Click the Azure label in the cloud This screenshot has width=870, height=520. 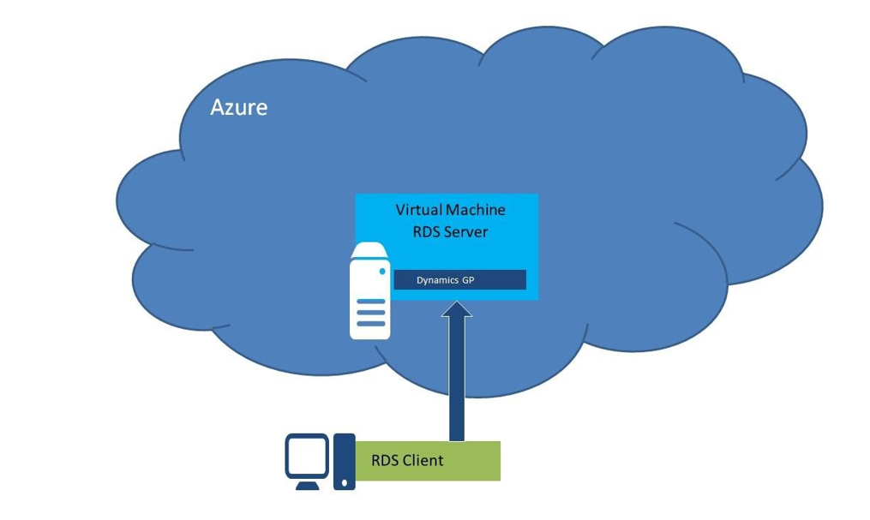(238, 107)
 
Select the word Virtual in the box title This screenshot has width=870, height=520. (419, 210)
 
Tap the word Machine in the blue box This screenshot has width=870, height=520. (477, 210)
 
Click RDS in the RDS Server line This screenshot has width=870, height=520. (427, 231)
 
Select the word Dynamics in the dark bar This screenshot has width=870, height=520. (437, 280)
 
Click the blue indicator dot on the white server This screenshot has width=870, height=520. (382, 272)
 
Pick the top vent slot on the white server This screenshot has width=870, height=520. (370, 302)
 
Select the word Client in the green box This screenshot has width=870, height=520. (423, 461)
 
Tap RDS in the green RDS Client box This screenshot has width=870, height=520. (385, 461)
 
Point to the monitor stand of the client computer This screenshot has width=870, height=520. (307, 485)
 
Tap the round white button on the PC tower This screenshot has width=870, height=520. (344, 482)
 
